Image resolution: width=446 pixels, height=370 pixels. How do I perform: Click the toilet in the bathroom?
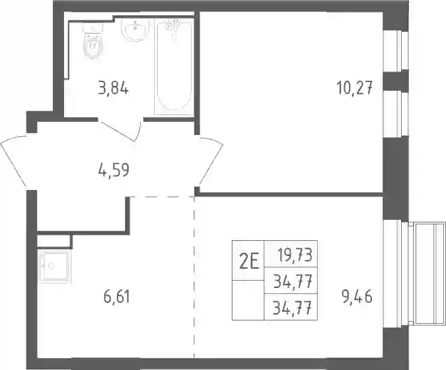pyautogui.click(x=93, y=41)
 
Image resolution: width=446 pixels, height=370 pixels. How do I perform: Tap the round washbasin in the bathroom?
pyautogui.click(x=135, y=30)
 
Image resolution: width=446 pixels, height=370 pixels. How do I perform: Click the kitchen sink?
pyautogui.click(x=54, y=267)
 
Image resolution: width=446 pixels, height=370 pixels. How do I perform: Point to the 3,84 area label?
pyautogui.click(x=113, y=88)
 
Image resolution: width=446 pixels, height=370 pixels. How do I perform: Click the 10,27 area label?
pyautogui.click(x=354, y=88)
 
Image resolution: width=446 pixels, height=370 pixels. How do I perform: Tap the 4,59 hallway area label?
pyautogui.click(x=114, y=170)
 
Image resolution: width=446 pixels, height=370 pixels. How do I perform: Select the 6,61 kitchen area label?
pyautogui.click(x=117, y=297)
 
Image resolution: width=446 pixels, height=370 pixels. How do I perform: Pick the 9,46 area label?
pyautogui.click(x=357, y=297)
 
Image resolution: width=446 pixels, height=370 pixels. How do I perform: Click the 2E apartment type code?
pyautogui.click(x=249, y=263)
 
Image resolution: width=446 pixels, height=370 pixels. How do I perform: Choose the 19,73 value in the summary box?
pyautogui.click(x=295, y=255)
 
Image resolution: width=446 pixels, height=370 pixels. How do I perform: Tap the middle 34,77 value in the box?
pyautogui.click(x=293, y=281)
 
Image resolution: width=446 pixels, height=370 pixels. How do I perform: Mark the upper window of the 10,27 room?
pyautogui.click(x=396, y=50)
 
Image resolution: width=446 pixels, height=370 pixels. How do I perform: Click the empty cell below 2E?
pyautogui.click(x=248, y=300)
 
